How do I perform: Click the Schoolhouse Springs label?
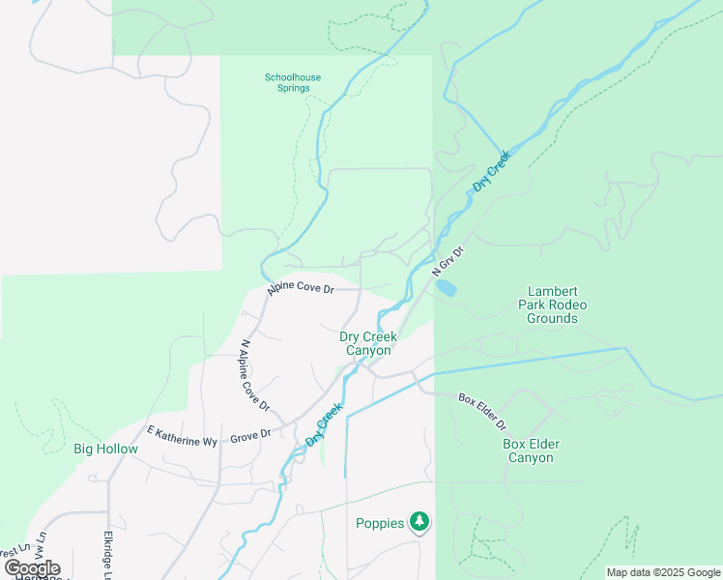tap(292, 82)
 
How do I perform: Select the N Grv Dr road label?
tap(447, 263)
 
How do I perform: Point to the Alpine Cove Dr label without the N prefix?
tap(301, 288)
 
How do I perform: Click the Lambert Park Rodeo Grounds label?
tap(552, 304)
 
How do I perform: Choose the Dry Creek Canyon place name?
tap(367, 343)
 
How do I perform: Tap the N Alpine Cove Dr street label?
tap(254, 374)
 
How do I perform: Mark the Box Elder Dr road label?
tap(482, 411)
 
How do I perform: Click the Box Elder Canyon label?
tap(531, 450)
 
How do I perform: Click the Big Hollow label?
tap(105, 449)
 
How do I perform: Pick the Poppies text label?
tap(380, 523)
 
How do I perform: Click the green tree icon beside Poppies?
tap(419, 522)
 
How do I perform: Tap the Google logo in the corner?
tap(32, 568)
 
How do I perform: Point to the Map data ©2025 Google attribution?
tap(663, 572)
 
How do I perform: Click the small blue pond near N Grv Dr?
tap(447, 288)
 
